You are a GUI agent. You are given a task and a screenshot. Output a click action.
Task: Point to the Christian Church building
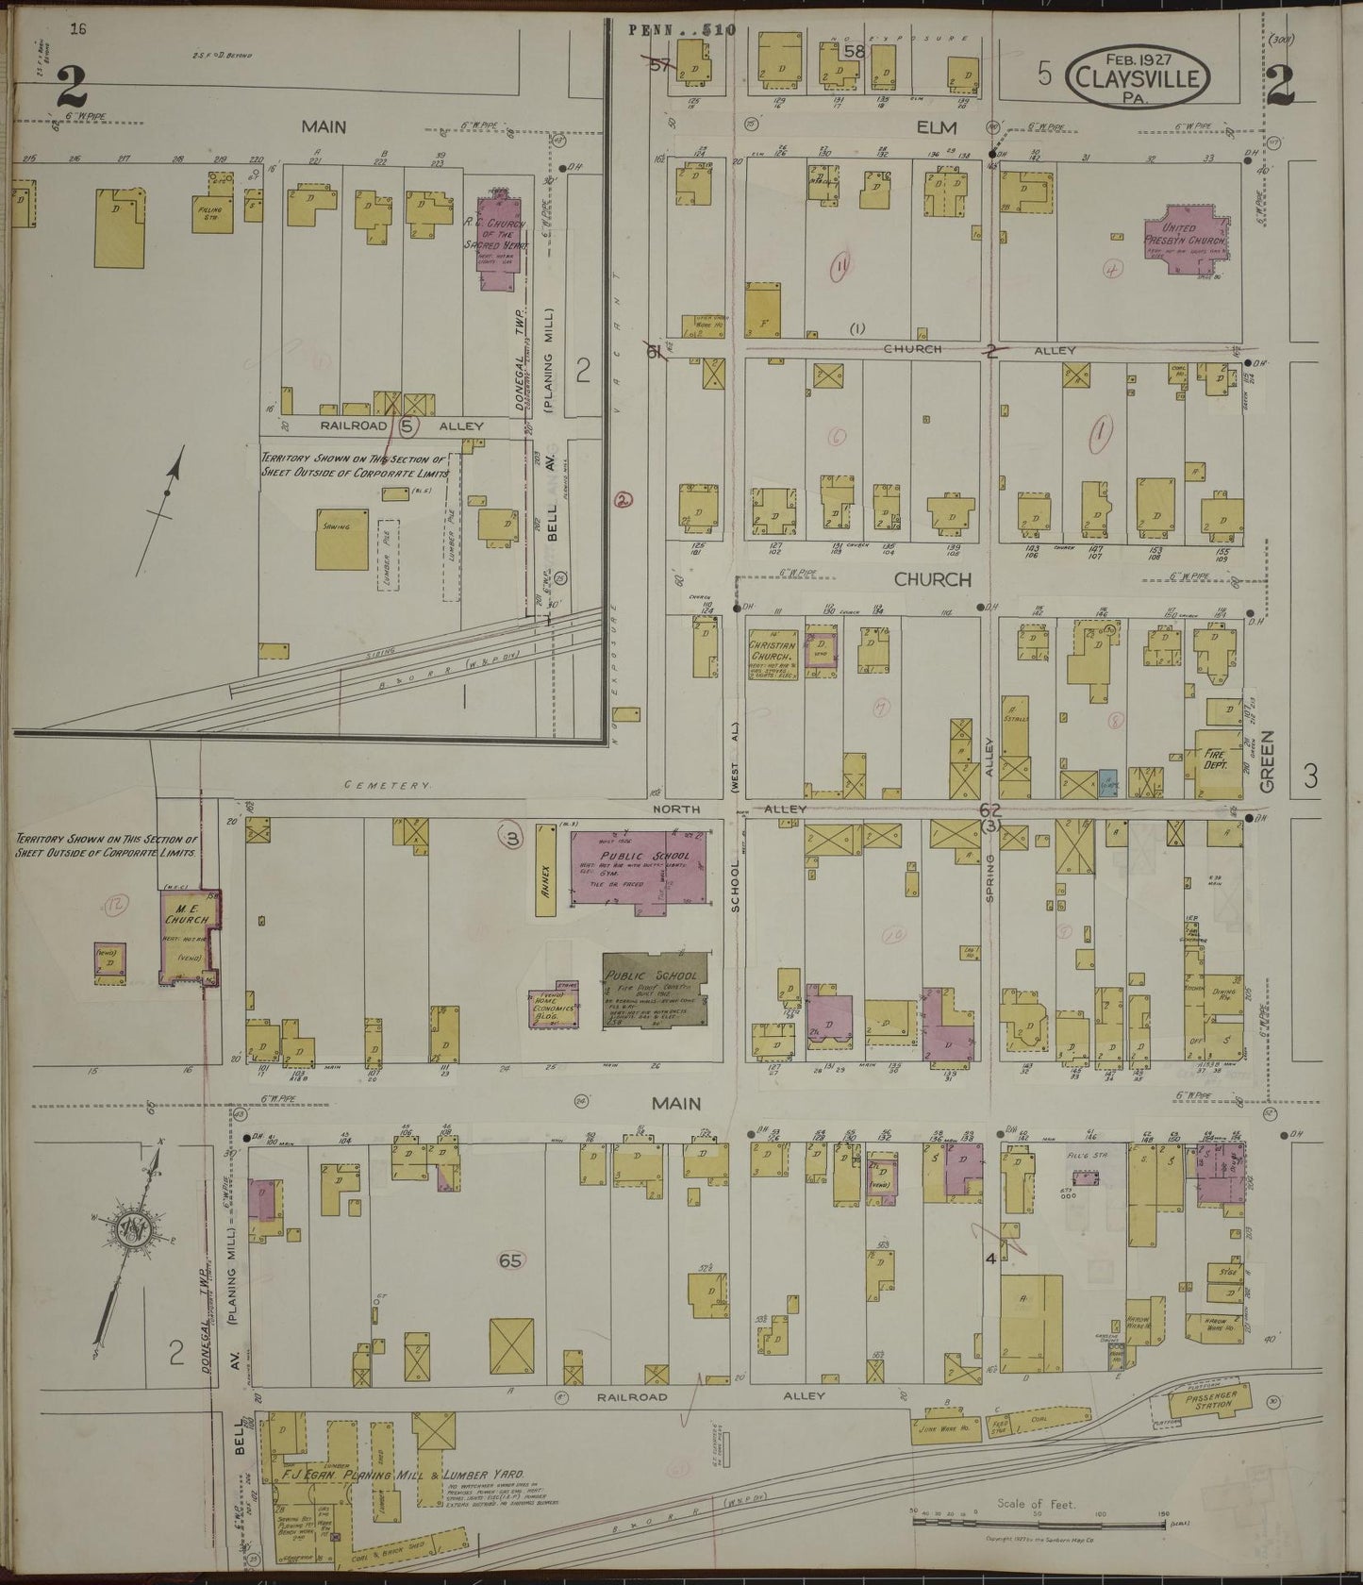[773, 651]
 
